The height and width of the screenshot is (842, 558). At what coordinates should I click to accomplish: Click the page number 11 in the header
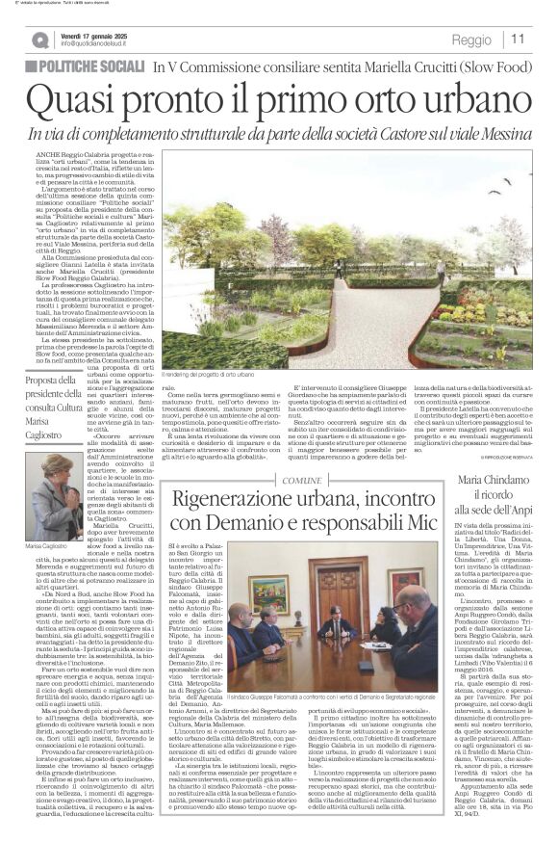coord(518,39)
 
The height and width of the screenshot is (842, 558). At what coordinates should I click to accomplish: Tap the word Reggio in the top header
coord(471,40)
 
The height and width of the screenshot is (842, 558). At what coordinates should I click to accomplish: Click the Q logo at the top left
coord(39,39)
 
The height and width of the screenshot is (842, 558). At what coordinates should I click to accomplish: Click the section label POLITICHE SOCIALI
coord(91,67)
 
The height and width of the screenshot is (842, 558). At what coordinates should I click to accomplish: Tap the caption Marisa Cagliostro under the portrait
coord(54,546)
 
